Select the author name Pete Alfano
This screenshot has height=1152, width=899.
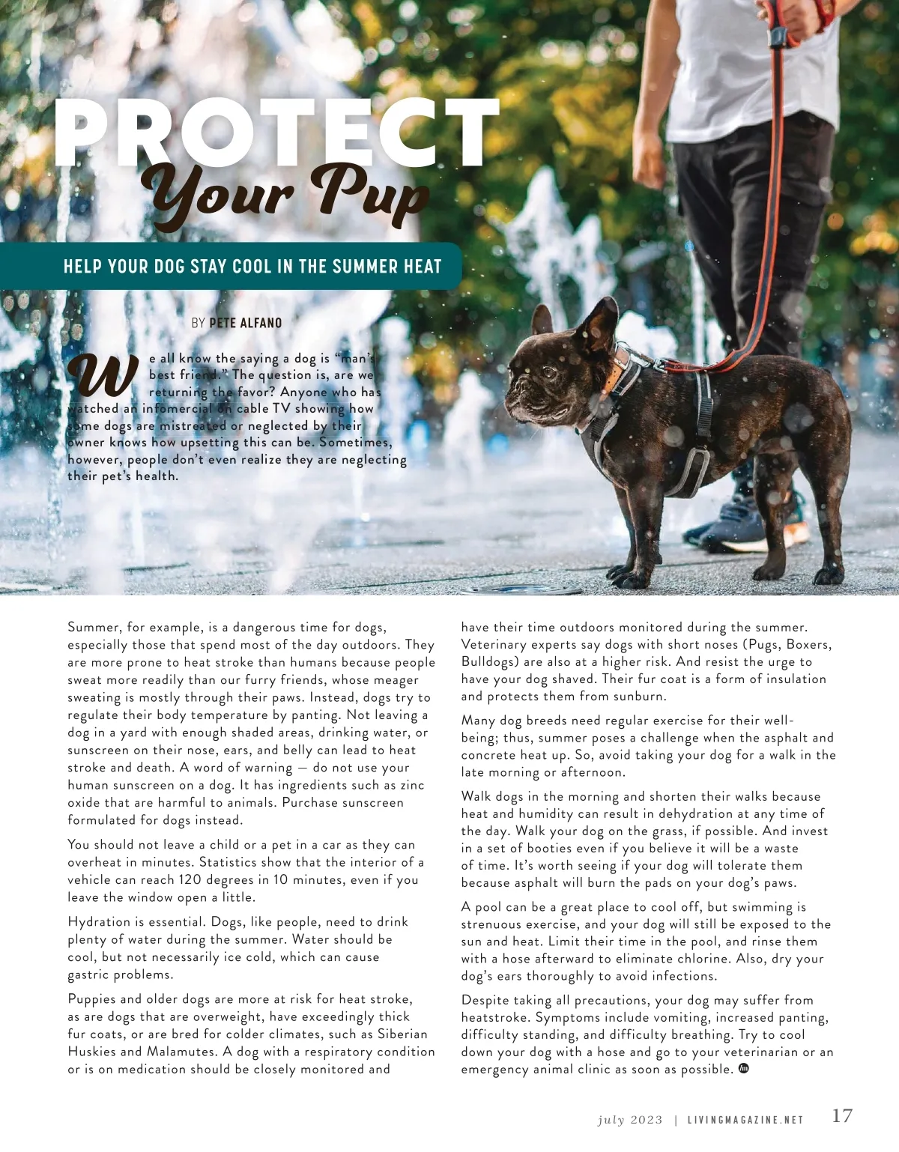coord(246,323)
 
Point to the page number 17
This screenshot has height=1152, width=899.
coord(842,1116)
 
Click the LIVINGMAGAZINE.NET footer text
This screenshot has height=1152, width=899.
coord(745,1120)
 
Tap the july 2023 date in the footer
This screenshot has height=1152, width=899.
coord(630,1120)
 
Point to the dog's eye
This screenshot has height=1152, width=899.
coord(548,372)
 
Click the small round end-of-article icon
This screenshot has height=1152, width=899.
coord(744,1068)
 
